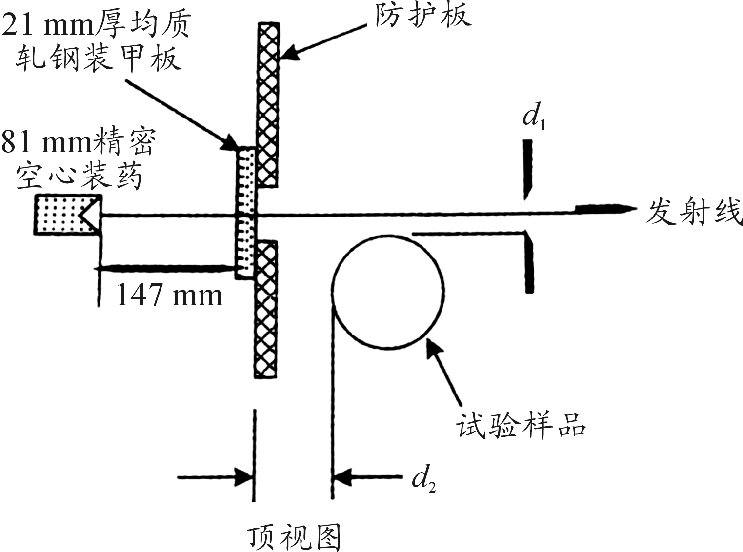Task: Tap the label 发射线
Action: click(x=693, y=212)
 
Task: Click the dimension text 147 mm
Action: click(x=169, y=295)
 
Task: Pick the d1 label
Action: click(x=534, y=117)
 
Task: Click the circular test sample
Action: click(x=388, y=291)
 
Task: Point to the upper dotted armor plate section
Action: click(x=246, y=180)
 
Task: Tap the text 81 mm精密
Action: click(x=78, y=142)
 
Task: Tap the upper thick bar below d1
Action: click(x=528, y=168)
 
